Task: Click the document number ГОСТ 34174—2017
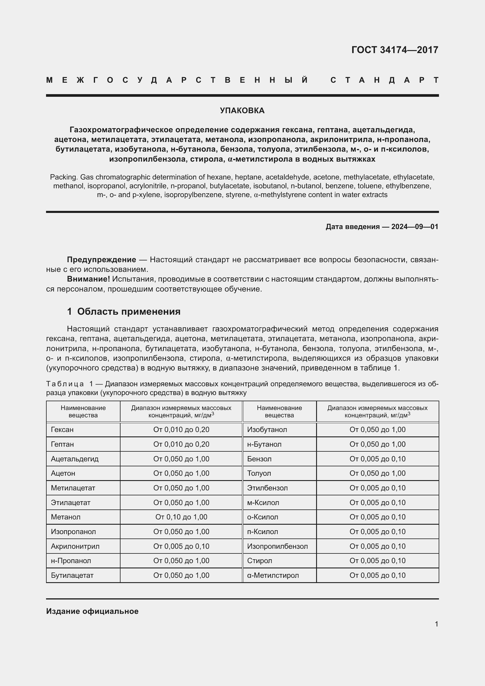coord(394,50)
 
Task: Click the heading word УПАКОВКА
coord(242,111)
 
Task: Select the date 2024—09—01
coord(415,227)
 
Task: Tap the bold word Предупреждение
coord(101,260)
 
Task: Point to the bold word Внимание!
coord(88,279)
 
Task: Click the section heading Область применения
coord(129,312)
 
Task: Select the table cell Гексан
coord(62,430)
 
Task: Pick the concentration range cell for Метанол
coord(181,517)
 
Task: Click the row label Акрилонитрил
coord(75,546)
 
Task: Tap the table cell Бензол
coord(259,459)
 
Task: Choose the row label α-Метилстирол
coord(273,575)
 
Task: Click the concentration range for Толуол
coord(377,474)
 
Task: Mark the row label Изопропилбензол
coord(277,546)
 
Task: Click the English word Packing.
coord(64,177)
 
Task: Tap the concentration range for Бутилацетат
coord(181,575)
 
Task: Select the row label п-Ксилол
coord(262,532)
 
